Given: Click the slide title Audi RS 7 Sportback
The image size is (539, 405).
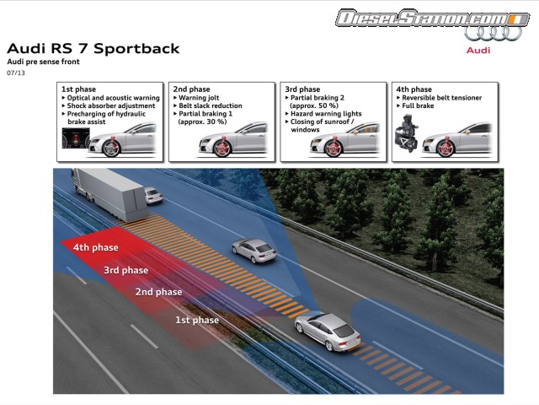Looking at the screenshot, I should pos(93,48).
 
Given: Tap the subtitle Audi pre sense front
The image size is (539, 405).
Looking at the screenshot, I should pos(43,62).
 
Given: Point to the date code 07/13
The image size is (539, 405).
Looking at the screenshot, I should pos(16,73).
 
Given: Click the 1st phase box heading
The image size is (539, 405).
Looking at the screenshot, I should pos(80,89).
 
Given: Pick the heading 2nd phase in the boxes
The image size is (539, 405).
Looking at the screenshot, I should pos(191,89).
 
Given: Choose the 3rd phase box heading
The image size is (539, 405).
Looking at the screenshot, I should pos(302,89).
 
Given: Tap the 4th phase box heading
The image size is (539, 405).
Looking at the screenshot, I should pos(414,89).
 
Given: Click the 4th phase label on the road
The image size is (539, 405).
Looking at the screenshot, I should pos(93,248).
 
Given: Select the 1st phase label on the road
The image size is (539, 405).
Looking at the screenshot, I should pos(196,320).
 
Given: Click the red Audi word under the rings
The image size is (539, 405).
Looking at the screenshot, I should pos(479,50).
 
